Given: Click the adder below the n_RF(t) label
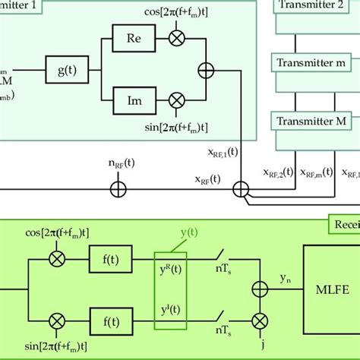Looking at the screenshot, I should (x=118, y=186).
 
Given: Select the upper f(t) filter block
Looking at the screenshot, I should (x=109, y=257).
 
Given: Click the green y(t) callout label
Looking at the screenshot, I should (x=205, y=231).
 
